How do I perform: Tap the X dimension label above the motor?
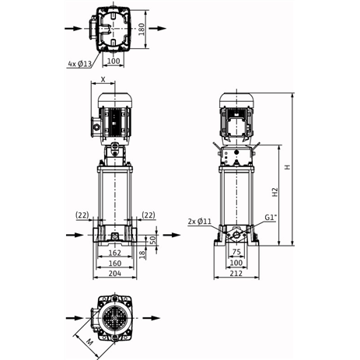pos(103,79)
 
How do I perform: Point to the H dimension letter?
pos(287,167)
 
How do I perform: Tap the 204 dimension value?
pos(114,274)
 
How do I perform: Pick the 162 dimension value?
pos(114,253)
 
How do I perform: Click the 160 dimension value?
pos(114,263)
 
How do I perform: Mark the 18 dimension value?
pos(142,253)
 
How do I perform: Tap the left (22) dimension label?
pos(82,215)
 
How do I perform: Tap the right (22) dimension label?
pos(149,215)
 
